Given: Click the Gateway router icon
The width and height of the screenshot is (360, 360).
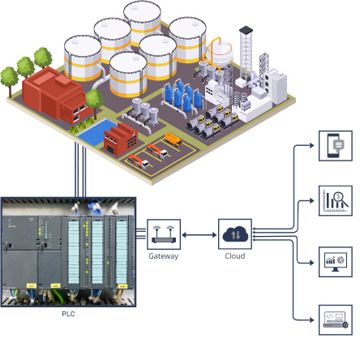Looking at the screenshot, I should click(x=164, y=234).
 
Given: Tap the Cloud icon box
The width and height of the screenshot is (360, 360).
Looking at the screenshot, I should click(x=234, y=234).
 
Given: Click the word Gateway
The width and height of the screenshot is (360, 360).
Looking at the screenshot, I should click(x=164, y=256).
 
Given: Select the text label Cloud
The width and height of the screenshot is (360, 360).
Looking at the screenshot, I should click(x=234, y=256).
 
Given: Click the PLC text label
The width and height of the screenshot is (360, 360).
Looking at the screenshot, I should click(x=68, y=312).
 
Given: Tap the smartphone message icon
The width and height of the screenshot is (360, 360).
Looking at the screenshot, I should click(x=335, y=146).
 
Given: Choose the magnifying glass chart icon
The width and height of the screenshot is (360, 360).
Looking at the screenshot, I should click(x=335, y=200).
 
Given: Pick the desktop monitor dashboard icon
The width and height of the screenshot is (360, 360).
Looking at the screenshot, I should click(x=335, y=260).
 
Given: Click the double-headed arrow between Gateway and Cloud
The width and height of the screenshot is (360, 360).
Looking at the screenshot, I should click(x=199, y=234).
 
